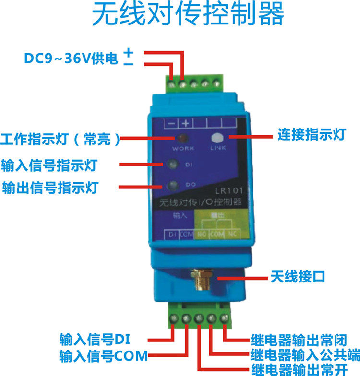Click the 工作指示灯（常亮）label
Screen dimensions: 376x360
60,139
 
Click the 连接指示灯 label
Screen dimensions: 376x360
312,135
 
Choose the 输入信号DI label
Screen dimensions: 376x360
91,339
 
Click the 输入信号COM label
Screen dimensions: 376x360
104,356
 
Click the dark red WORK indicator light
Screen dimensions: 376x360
182,139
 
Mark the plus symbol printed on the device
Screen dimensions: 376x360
185,123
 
